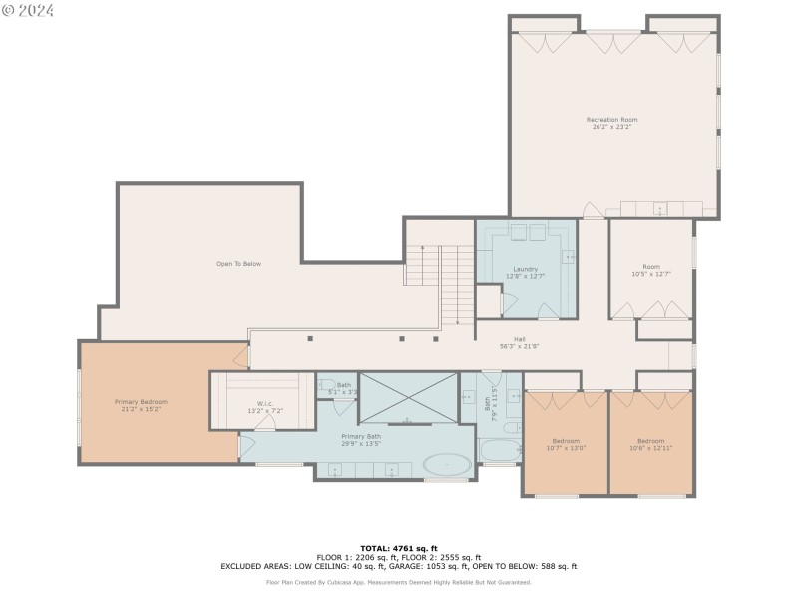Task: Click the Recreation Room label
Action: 611,120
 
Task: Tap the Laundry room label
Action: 526,269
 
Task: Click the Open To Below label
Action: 238,264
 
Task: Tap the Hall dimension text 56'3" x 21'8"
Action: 519,347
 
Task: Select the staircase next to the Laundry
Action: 441,284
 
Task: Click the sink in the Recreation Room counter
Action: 659,209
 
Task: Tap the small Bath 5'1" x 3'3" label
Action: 344,388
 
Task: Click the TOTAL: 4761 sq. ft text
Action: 399,548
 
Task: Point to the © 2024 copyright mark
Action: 28,10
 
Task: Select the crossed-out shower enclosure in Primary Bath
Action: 408,397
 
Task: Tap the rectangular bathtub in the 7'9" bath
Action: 500,450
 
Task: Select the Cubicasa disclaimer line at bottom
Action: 399,582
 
